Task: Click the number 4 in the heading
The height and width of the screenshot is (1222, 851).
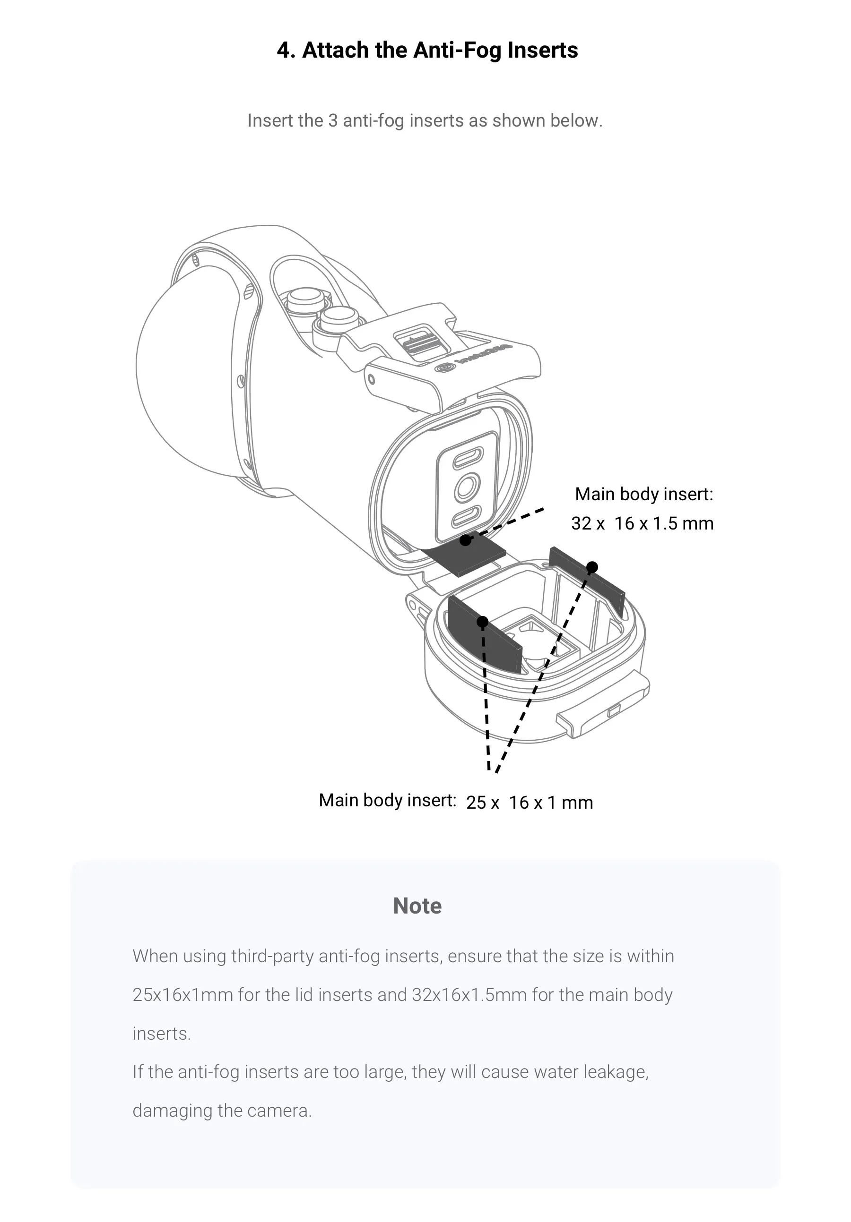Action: [x=283, y=51]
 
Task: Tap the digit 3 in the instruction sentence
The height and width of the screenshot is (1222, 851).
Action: [x=333, y=121]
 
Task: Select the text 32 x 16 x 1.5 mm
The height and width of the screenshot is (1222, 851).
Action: [x=642, y=524]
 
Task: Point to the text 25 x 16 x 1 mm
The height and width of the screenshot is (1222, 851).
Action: [x=530, y=803]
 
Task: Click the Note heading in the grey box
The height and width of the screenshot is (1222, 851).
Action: [x=417, y=906]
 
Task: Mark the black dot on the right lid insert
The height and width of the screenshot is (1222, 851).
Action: [x=591, y=567]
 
